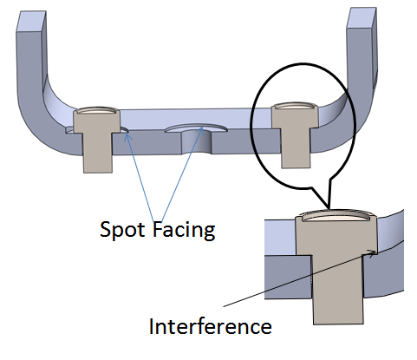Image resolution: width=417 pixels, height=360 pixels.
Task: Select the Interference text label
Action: click(211, 327)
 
